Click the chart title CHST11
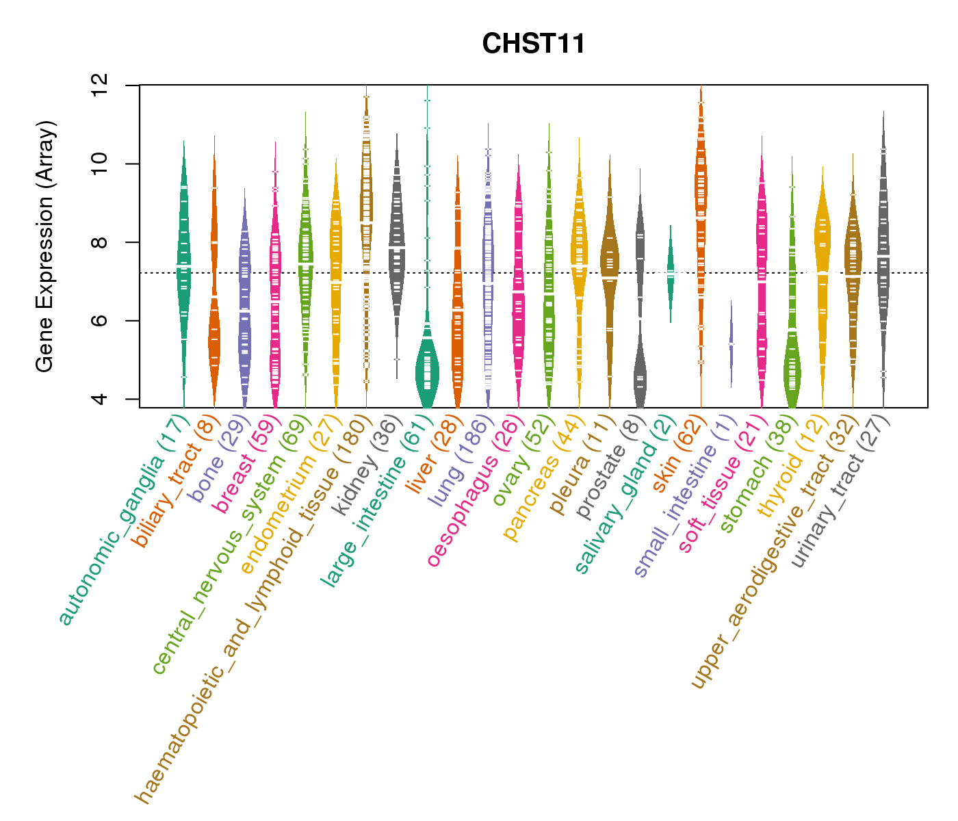(533, 44)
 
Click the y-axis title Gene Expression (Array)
(45, 246)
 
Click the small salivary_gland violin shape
(671, 272)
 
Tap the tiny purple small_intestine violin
(732, 342)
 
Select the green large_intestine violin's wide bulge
(427, 373)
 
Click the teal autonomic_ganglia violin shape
(183, 260)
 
